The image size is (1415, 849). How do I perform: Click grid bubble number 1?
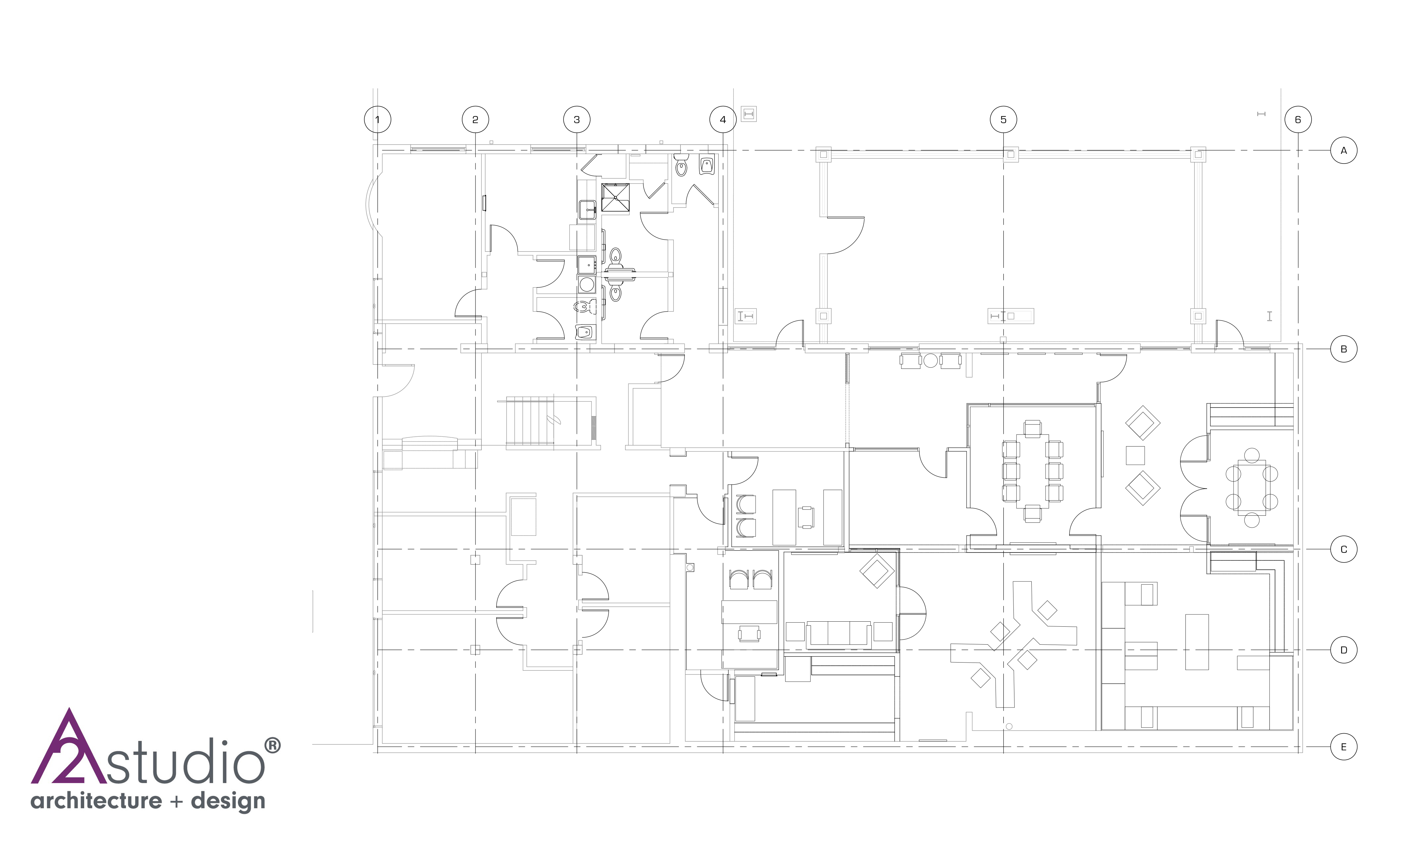(x=377, y=119)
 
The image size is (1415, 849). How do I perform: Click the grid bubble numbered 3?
(x=576, y=119)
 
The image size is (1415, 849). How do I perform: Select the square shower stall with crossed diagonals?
(x=615, y=197)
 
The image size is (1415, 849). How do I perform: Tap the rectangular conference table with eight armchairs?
(x=1032, y=471)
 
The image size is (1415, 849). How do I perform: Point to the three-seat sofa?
(x=839, y=634)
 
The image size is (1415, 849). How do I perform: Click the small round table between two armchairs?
(x=930, y=360)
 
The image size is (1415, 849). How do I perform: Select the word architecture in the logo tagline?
(x=96, y=801)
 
